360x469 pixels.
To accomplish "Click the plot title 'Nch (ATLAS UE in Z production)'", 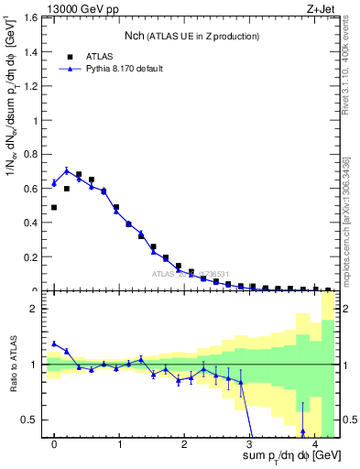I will [x=192, y=36].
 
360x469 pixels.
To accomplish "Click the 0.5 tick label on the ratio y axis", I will [x=31, y=420].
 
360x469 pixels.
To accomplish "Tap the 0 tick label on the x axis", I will [x=54, y=446].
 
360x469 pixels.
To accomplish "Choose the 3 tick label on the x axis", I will [x=249, y=446].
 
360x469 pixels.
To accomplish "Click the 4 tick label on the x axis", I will [x=314, y=446].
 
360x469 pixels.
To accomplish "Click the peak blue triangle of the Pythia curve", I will [x=67, y=170].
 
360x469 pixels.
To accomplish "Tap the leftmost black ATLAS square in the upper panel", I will [x=54, y=208].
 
